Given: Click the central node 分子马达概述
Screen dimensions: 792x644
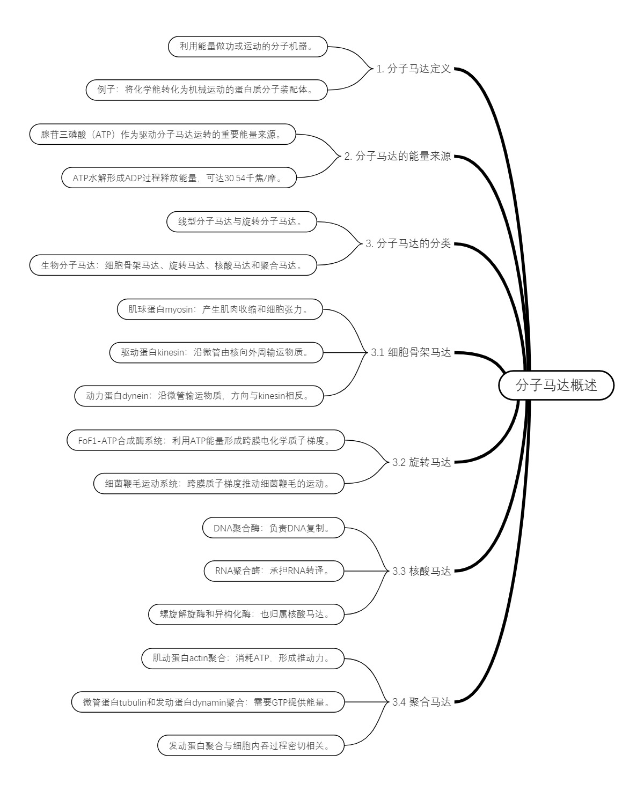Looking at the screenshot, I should point(556,385).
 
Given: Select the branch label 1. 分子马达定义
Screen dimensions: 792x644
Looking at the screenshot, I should point(413,69).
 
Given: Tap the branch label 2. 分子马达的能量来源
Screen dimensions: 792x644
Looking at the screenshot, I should point(397,157).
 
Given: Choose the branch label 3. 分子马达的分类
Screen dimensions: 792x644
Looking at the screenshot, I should point(408,244).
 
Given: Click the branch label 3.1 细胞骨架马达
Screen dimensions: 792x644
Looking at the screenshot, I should point(411,353).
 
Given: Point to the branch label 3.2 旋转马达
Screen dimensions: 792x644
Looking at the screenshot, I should point(421,462).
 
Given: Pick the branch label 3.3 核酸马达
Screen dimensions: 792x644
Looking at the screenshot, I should point(421,571).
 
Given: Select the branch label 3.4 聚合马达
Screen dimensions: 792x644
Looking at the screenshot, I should point(421,702).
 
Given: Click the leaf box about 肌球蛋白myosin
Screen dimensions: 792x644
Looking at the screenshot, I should point(220,309).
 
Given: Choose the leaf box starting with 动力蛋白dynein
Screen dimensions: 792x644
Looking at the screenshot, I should point(199,396).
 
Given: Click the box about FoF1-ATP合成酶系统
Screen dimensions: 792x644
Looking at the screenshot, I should point(206,441).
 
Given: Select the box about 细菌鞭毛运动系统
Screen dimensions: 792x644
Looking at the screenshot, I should point(218,484).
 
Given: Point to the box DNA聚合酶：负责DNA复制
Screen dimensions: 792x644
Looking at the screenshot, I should point(273,528).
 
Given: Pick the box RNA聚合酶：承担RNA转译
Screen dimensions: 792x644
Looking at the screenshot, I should point(274,571).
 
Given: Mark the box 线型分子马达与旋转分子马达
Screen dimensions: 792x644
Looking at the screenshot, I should point(241,221).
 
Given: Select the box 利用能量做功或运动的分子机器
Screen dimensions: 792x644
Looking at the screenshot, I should point(247,47).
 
